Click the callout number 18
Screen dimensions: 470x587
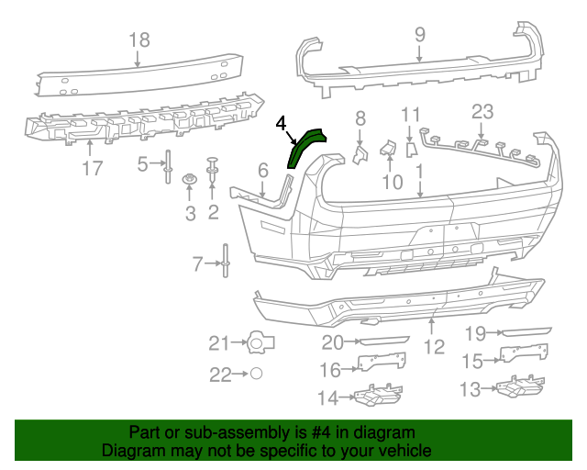point(138,39)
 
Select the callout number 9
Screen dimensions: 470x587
point(419,35)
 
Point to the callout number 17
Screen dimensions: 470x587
point(92,168)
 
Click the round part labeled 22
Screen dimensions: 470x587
point(258,375)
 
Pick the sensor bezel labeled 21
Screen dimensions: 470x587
point(260,343)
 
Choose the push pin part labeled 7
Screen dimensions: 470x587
point(224,264)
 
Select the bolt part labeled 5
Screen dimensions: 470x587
point(169,165)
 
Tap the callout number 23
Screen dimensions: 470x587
point(482,112)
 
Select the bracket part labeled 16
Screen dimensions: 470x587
point(380,363)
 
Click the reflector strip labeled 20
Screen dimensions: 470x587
point(384,341)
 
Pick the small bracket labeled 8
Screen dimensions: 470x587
point(360,152)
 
